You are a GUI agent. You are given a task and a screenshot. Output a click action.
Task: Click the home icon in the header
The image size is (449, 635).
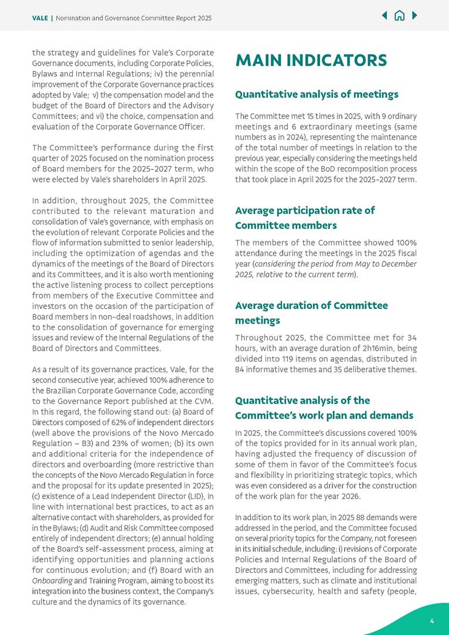399,16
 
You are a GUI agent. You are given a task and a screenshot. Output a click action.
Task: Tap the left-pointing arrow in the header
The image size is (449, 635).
385,16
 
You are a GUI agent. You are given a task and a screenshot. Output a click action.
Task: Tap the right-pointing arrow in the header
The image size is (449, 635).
414,16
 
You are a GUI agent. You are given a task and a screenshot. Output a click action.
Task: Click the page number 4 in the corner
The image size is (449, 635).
432,621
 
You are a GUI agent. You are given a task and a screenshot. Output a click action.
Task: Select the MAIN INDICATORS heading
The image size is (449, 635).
311,60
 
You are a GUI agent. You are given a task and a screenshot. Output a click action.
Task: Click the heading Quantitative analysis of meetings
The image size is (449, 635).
317,94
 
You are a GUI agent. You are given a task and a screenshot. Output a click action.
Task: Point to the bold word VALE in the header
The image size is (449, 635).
40,18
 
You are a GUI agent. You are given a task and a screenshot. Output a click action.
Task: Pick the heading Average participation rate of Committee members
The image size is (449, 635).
305,218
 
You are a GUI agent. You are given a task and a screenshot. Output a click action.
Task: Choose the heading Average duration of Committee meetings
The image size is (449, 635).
311,313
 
